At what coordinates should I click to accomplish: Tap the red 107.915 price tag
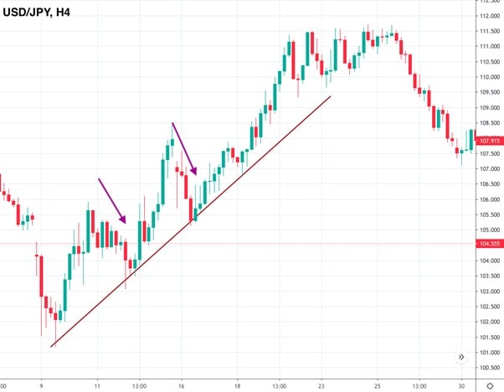tap(489, 142)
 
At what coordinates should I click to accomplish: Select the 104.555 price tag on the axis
tap(489, 244)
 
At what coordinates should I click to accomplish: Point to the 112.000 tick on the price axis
tap(489, 17)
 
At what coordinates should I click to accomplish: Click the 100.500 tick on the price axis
tap(489, 368)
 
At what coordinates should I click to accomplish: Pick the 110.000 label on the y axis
tap(489, 78)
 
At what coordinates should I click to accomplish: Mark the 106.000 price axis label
tap(489, 199)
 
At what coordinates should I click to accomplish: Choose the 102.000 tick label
tap(489, 322)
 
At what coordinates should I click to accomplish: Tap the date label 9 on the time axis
tap(40, 386)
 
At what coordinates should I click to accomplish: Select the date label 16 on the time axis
tap(182, 386)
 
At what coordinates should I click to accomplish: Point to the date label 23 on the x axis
tap(321, 386)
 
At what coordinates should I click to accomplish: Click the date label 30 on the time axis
tap(462, 386)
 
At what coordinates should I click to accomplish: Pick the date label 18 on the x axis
tap(238, 386)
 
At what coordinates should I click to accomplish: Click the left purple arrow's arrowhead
tap(125, 221)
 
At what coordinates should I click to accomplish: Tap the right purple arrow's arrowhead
tap(195, 173)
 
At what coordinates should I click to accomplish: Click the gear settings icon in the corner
tap(489, 385)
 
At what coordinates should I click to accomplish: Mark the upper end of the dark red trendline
tap(332, 96)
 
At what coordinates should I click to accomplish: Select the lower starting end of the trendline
tap(51, 346)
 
